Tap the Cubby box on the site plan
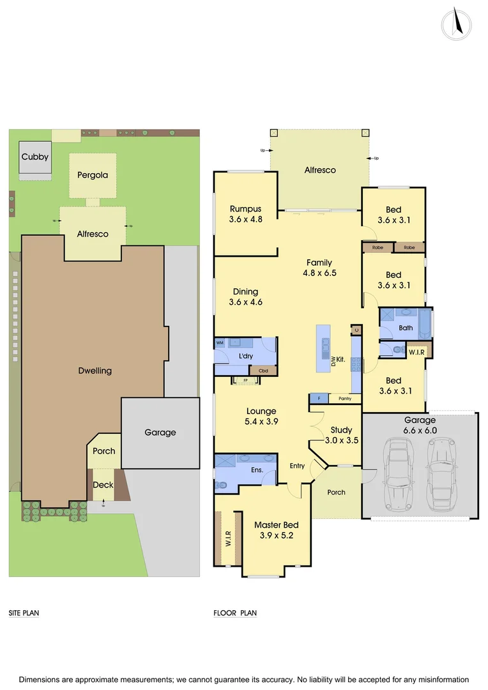[34, 157]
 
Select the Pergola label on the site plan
[93, 174]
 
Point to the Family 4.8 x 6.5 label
[319, 268]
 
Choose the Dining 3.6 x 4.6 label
[246, 297]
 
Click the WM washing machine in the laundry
[220, 343]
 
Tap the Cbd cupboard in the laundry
[263, 371]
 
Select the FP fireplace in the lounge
[245, 380]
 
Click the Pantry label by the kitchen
[345, 399]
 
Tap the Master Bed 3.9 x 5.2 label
[276, 530]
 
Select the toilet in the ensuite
[222, 485]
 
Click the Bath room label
[406, 328]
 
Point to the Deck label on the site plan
[103, 485]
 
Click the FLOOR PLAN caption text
[235, 613]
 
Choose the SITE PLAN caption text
[24, 613]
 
